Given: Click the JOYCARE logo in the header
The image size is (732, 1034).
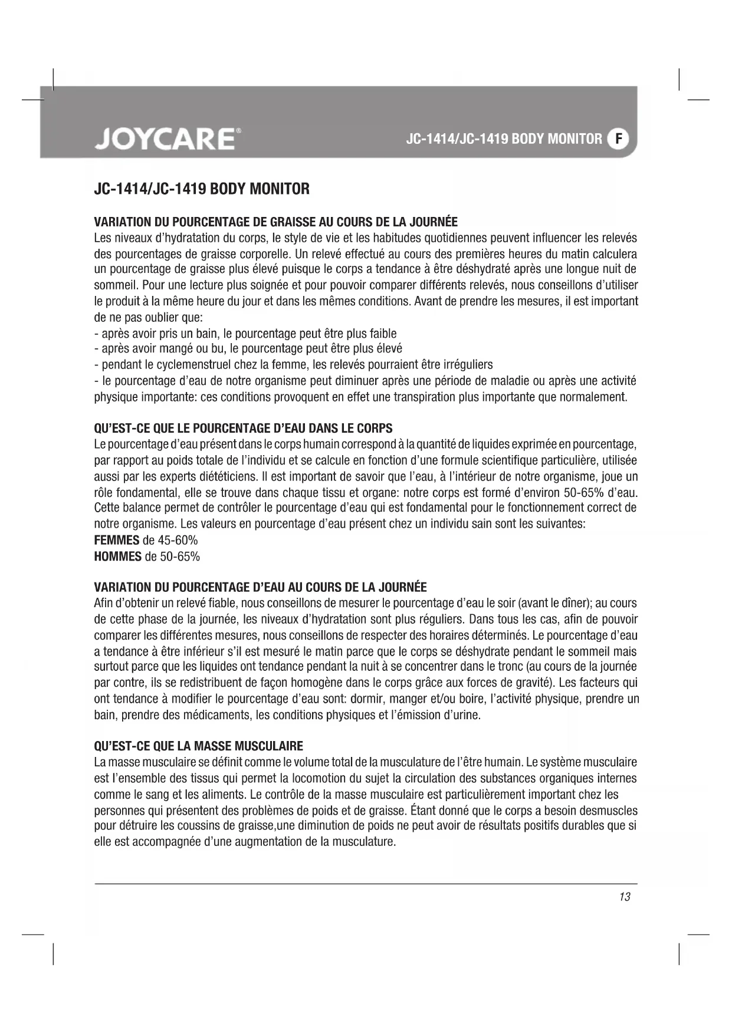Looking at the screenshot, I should (x=167, y=139).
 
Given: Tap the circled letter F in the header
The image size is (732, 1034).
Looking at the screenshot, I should (x=618, y=139).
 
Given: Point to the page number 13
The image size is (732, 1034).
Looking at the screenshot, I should (x=625, y=897).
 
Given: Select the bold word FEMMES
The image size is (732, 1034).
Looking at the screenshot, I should (x=117, y=540).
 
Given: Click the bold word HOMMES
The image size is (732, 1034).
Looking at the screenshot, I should (x=118, y=556).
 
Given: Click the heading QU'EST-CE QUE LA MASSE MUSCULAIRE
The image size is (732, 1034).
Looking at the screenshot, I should (x=199, y=746).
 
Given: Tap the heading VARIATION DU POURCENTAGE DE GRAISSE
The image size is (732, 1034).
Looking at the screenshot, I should (x=275, y=222).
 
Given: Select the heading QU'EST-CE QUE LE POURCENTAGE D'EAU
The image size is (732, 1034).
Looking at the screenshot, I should (x=243, y=428).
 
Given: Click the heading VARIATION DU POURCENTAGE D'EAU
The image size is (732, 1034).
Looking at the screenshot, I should (x=260, y=587).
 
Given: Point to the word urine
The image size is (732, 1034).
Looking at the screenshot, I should (x=465, y=715).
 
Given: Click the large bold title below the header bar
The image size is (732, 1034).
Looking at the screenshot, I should (x=202, y=189).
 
